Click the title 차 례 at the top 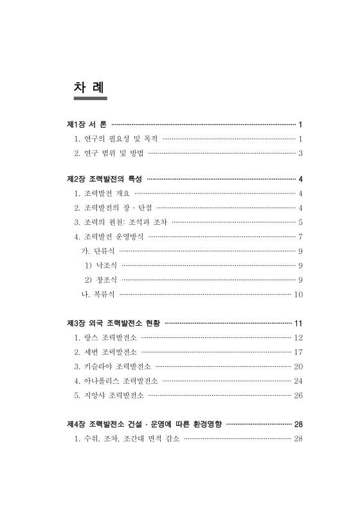[89, 86]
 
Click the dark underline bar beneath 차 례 [89, 99]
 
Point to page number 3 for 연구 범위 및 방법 [300, 153]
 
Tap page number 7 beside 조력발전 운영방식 [300, 236]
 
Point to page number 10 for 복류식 [298, 295]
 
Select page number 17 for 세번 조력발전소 [298, 352]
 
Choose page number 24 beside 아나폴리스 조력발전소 [298, 381]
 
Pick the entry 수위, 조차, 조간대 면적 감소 [126, 439]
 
